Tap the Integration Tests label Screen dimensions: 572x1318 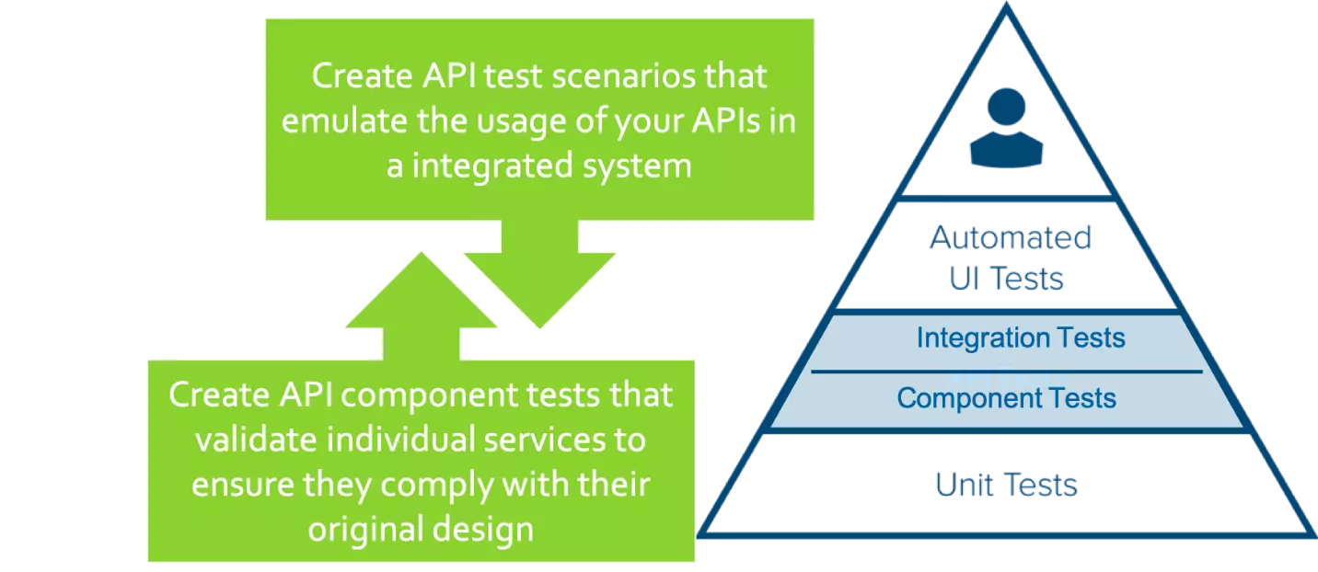1020,337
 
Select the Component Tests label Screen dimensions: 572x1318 1006,398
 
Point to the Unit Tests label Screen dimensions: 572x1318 1006,485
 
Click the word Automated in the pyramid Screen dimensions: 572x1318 1010,238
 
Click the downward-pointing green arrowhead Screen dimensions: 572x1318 538,285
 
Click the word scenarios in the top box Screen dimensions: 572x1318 599,75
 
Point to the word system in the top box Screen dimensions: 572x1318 641,166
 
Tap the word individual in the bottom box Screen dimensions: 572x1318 400,440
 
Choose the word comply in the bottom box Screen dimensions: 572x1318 438,484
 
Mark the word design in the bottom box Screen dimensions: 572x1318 490,528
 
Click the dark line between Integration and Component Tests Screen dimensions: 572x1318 1006,372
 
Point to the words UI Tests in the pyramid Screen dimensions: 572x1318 1008,278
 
